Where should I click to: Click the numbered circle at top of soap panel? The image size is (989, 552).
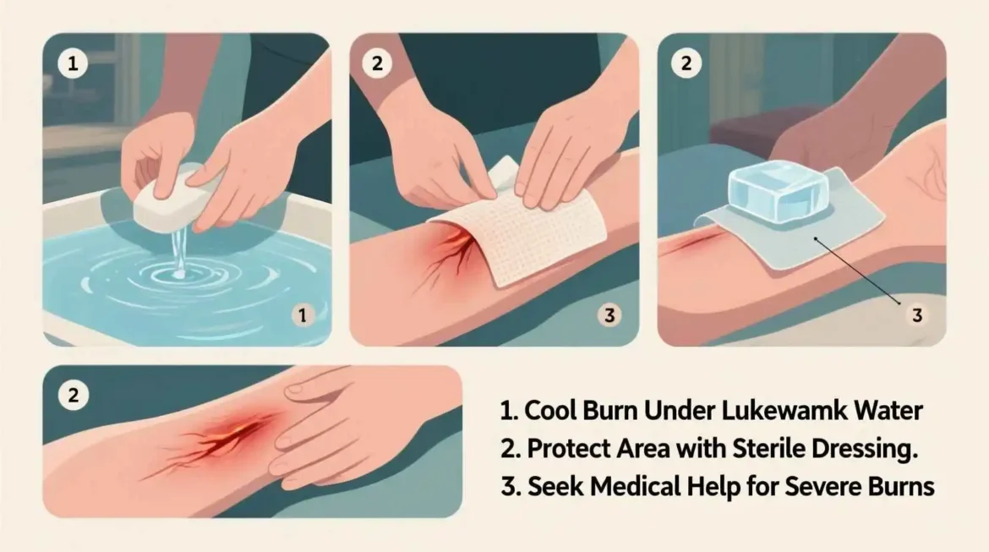(x=73, y=63)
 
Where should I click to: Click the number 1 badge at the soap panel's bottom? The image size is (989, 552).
(x=303, y=316)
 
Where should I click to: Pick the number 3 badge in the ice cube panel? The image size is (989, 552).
(x=916, y=316)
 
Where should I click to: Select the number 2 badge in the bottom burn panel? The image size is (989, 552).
(x=73, y=395)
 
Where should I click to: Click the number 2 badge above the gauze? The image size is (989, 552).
(x=378, y=63)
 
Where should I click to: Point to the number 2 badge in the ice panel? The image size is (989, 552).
(x=686, y=63)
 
